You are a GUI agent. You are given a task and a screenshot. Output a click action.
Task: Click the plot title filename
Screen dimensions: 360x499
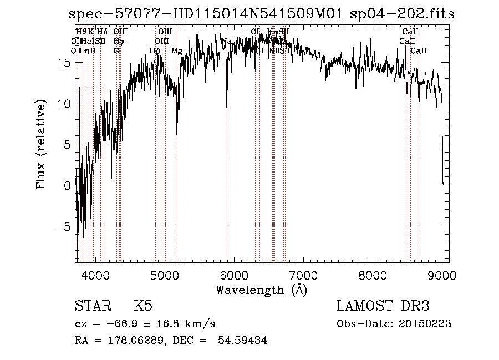pos(261,14)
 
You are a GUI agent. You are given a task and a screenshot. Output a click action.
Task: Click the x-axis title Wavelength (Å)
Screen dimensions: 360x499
pos(261,290)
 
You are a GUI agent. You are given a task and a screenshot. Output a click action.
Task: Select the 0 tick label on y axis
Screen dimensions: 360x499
pos(67,186)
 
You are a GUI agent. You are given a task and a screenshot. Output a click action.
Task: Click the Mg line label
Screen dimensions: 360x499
pos(176,51)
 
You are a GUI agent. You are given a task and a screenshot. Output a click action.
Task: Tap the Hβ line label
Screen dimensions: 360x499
pos(155,51)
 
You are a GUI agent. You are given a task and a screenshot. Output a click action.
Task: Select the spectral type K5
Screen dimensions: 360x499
pos(143,306)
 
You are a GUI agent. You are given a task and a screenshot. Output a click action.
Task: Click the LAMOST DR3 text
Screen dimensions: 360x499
pos(383,306)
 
